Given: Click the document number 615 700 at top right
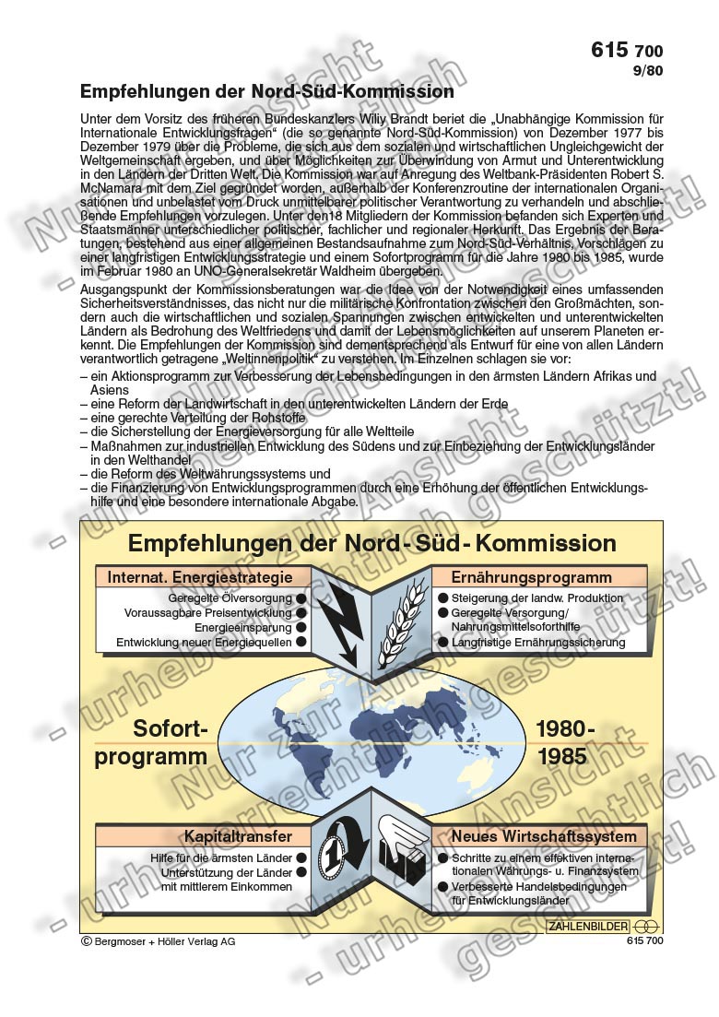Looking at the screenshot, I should coord(626,51).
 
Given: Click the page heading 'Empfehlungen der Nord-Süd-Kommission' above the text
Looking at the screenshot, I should coord(267,91).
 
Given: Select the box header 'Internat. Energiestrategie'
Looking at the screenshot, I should coord(200,577).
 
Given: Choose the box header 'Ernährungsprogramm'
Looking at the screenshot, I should coord(531,577).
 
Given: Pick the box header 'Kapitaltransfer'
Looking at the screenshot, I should coord(238,836).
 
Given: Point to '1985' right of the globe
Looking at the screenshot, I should coord(561,756).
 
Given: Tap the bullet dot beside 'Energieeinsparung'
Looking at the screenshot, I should coord(301,628).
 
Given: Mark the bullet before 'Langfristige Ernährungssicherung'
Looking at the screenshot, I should coord(443,643).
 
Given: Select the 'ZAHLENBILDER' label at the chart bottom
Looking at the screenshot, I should coord(588,926).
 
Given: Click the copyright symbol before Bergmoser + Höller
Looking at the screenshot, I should coord(87,941).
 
